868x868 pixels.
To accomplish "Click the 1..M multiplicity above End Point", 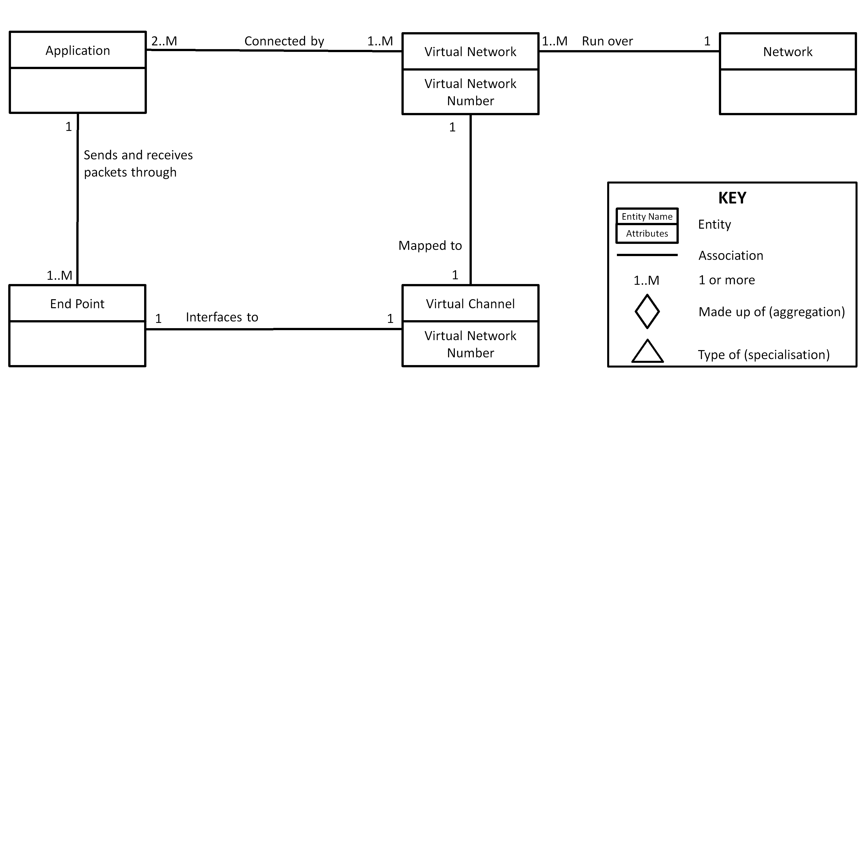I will click(x=59, y=275).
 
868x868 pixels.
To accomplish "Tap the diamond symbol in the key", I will click(x=647, y=311).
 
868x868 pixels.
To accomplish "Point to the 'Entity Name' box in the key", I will click(x=647, y=216).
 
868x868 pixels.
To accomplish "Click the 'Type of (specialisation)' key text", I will click(x=763, y=355).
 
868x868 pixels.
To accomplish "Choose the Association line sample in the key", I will click(x=647, y=255).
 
